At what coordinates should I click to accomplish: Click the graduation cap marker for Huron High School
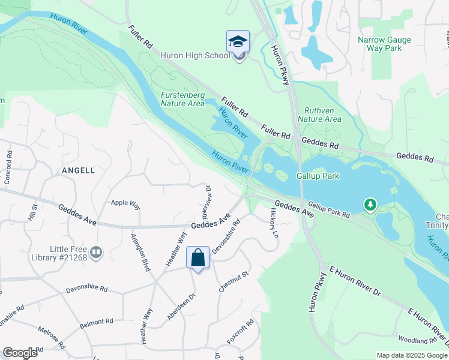[x=238, y=42]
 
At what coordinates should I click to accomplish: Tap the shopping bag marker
[x=197, y=258]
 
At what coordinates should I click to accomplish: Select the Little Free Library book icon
[x=96, y=253]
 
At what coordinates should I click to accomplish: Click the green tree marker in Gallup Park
[x=370, y=206]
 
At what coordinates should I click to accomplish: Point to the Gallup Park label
[x=318, y=176]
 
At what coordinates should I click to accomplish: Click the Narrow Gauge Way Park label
[x=384, y=44]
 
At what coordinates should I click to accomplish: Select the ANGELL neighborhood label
[x=78, y=170]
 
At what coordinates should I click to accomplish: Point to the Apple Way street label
[x=125, y=203]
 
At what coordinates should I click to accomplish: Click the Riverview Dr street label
[x=206, y=202]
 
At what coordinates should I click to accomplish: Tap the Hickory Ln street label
[x=274, y=223]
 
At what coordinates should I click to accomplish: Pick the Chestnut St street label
[x=234, y=281]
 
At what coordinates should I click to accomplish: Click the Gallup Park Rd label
[x=330, y=209]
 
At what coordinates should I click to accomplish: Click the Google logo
[x=20, y=353]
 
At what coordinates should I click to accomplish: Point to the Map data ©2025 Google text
[x=412, y=355]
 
